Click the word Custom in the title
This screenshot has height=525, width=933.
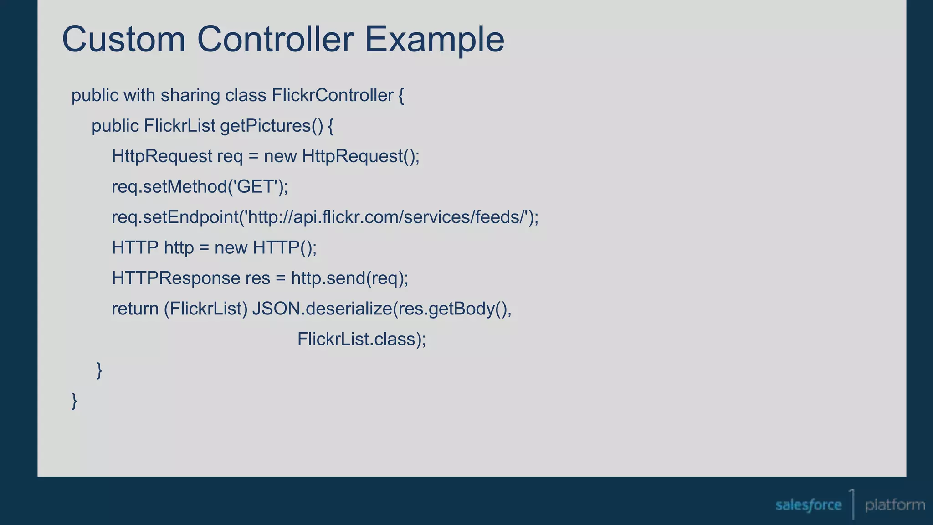tap(123, 39)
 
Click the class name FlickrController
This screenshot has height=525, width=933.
tap(333, 96)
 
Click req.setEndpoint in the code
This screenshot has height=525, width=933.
tap(175, 217)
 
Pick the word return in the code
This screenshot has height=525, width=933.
tap(135, 309)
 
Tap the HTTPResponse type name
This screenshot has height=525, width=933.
tap(176, 278)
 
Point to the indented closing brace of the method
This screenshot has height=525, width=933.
tap(99, 370)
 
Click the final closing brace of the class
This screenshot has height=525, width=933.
tap(74, 401)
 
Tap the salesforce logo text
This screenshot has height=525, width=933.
tap(808, 505)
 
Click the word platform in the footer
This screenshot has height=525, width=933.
tap(895, 505)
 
